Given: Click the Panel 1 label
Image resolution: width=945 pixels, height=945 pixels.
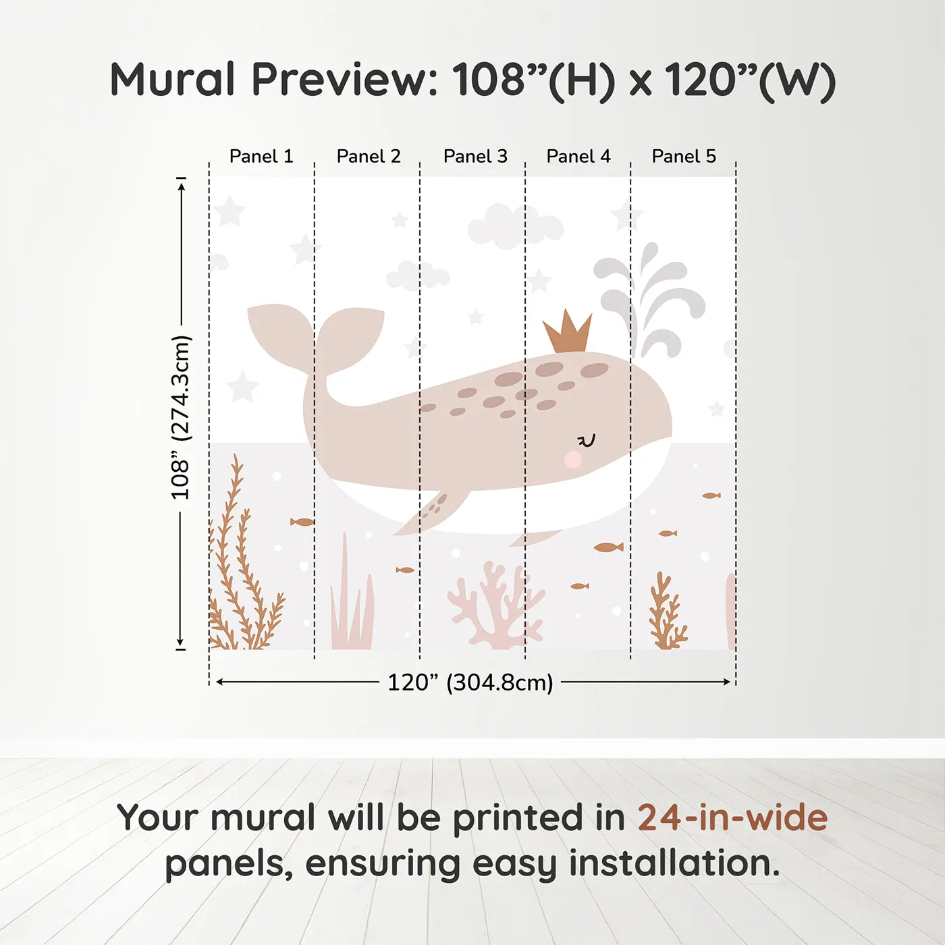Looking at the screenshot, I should pyautogui.click(x=261, y=157).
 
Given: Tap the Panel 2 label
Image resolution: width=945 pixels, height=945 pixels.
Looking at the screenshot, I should pyautogui.click(x=369, y=157).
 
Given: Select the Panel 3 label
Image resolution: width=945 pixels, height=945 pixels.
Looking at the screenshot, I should pyautogui.click(x=475, y=157).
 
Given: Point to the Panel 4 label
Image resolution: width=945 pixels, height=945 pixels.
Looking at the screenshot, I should pyautogui.click(x=578, y=157).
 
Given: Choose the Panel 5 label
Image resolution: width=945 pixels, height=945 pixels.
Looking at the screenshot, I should pyautogui.click(x=684, y=157).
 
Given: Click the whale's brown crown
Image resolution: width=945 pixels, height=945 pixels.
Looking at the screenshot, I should pyautogui.click(x=568, y=333).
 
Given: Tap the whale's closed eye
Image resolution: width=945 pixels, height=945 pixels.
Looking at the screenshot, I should pyautogui.click(x=587, y=441).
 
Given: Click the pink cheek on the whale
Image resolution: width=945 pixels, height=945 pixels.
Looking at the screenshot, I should pyautogui.click(x=573, y=460).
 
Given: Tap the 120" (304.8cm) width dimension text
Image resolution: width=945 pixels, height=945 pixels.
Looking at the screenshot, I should pyautogui.click(x=470, y=682).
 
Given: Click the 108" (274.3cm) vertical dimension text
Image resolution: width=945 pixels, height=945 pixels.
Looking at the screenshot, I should pyautogui.click(x=181, y=417).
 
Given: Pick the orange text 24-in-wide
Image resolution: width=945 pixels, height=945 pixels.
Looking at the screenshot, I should pyautogui.click(x=732, y=818).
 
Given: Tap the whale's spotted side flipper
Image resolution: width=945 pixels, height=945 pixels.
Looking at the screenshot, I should pyautogui.click(x=435, y=510).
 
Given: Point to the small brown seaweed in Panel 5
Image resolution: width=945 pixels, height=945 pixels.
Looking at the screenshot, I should pyautogui.click(x=666, y=613).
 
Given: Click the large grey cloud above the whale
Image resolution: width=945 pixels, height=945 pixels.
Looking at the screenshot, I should pyautogui.click(x=514, y=225).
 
